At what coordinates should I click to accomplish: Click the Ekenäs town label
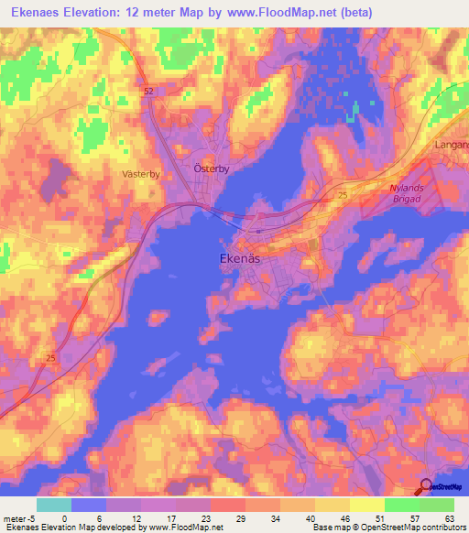241,259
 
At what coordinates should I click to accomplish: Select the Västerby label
140,172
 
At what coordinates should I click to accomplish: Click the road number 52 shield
148,92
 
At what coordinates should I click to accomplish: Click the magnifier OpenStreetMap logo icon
427,486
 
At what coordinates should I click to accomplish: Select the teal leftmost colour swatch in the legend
53,505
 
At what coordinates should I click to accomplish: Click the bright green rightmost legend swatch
437,505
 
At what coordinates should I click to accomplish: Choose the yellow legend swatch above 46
333,505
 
